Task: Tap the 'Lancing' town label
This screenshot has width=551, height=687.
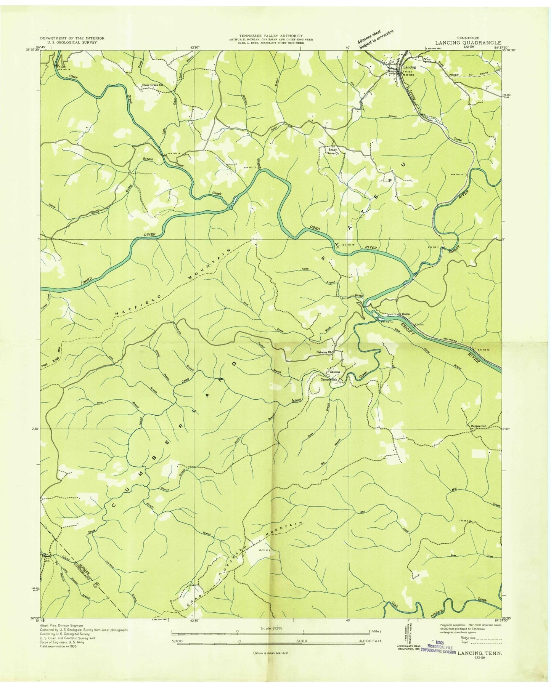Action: coord(410,67)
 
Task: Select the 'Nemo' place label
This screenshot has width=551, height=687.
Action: coord(406,314)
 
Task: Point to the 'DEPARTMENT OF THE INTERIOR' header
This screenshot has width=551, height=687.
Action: coord(72,38)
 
